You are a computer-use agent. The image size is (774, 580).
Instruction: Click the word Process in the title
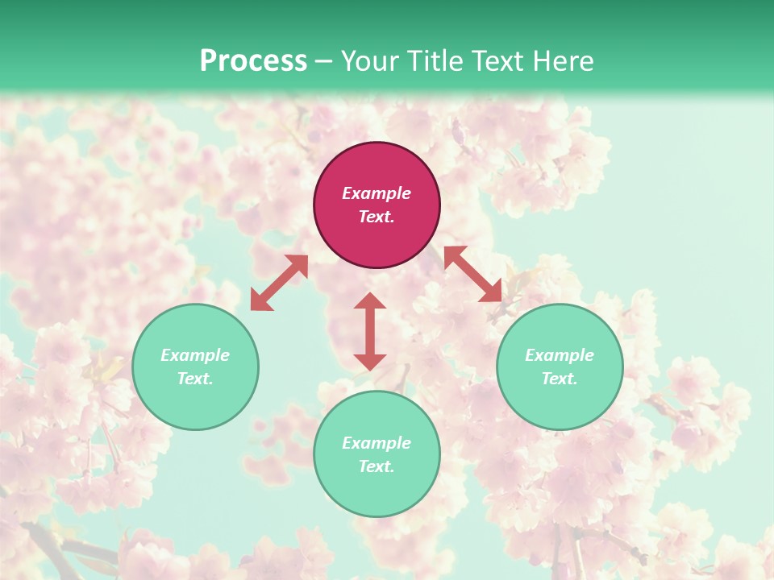coord(253,61)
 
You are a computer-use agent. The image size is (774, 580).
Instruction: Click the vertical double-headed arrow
coord(370,331)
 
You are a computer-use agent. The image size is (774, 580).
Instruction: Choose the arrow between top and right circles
coord(472,274)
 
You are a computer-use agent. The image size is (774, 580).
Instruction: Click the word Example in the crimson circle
coord(377,193)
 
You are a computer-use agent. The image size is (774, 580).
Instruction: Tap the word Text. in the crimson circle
coord(377,217)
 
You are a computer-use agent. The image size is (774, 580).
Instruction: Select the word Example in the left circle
coord(195,355)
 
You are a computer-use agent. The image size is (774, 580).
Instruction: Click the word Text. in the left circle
coord(195,379)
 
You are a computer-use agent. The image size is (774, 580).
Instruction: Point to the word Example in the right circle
coord(560,355)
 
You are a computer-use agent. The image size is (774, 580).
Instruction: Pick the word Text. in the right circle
coord(560,379)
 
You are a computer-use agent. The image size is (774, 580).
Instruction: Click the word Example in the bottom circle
coord(377,443)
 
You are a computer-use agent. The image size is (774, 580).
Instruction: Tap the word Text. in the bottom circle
coord(377,466)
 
